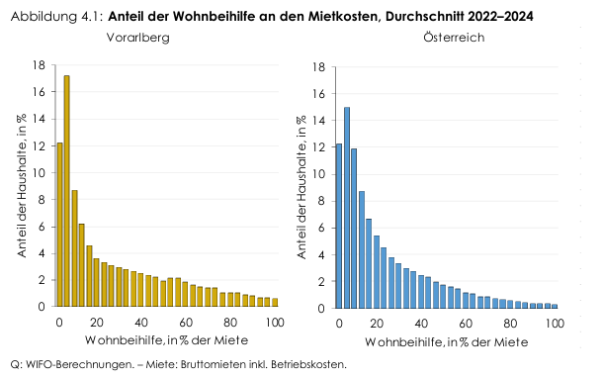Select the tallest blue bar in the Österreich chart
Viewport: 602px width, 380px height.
pos(346,208)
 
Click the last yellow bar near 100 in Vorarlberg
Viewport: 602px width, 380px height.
pos(274,302)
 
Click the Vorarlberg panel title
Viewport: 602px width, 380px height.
pos(137,37)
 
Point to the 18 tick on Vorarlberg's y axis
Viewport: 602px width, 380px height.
pos(40,65)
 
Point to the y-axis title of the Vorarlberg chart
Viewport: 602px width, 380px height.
pos(20,186)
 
